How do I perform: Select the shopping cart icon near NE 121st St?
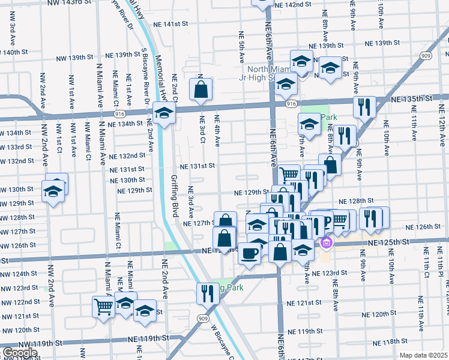pos(104,307)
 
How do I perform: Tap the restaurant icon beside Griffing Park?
pos(208,293)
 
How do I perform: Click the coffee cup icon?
pos(249,253)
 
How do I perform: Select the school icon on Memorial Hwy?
pos(163,112)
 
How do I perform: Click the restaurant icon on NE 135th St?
pos(364,106)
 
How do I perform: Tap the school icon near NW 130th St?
pos(53,191)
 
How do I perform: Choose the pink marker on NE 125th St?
pos(327,243)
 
